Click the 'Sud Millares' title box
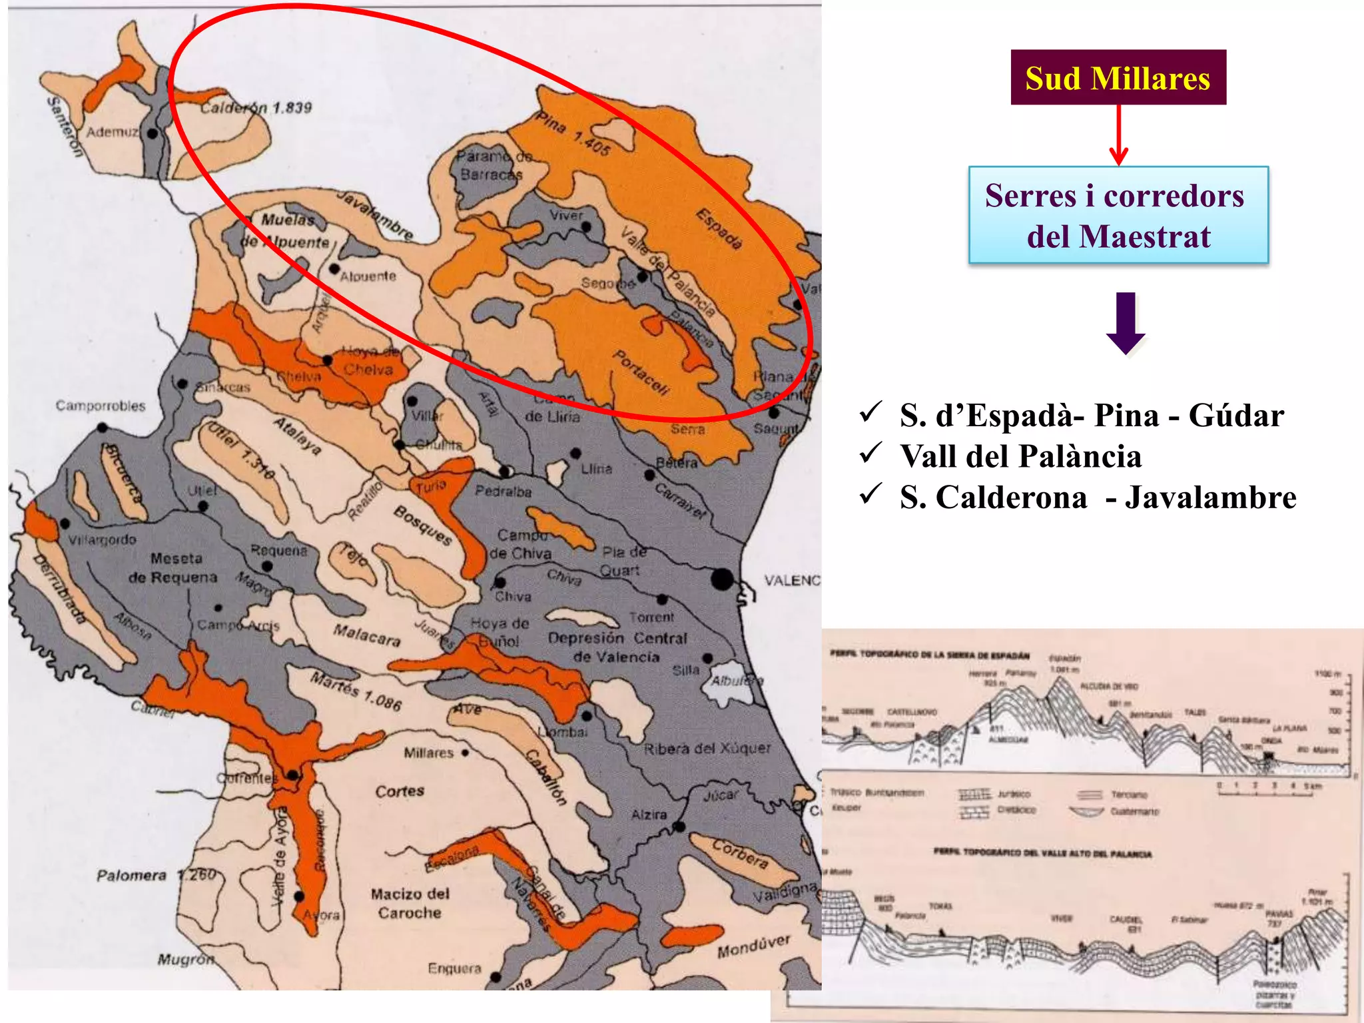[1118, 77]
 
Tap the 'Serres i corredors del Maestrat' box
[1118, 215]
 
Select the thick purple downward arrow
[1126, 323]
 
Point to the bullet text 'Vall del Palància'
[1020, 457]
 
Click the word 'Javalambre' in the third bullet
[1210, 498]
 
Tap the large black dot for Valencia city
[722, 579]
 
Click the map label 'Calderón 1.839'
[256, 107]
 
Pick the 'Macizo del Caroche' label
[410, 903]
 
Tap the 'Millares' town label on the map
[428, 753]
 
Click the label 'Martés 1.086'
[356, 691]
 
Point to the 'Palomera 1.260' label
[157, 875]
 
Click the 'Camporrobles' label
[100, 406]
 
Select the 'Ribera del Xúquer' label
[707, 749]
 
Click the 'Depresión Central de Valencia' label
[617, 647]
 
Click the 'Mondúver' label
[753, 946]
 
